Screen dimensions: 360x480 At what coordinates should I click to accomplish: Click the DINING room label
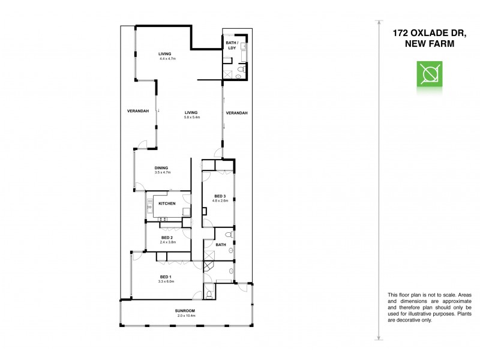[x=161, y=168]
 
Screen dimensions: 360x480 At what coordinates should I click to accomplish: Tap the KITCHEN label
[x=167, y=204]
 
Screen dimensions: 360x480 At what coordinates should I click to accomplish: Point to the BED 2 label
[x=168, y=238]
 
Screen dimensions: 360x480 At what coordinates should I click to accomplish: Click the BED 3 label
[x=220, y=196]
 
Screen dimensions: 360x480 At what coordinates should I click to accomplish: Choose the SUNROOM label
[x=185, y=311]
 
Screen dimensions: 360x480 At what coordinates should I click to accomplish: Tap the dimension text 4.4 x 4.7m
[x=169, y=59]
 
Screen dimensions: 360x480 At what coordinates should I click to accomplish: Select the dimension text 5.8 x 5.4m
[x=191, y=117]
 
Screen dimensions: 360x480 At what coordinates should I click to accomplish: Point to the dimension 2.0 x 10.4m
[x=185, y=316]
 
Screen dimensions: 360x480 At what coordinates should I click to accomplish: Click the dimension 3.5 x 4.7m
[x=163, y=173]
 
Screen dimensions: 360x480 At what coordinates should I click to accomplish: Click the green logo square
[x=430, y=75]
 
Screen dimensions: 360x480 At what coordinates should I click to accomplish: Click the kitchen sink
[x=149, y=209]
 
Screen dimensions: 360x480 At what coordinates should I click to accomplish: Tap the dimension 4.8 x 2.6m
[x=220, y=201]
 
